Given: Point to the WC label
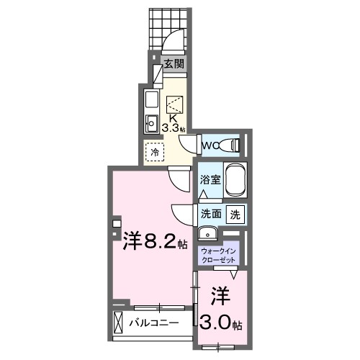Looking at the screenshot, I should pyautogui.click(x=209, y=146).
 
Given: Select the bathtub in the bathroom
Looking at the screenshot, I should pyautogui.click(x=237, y=180).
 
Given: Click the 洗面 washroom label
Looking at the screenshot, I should pyautogui.click(x=210, y=214).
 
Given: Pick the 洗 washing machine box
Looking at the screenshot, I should pyautogui.click(x=235, y=214).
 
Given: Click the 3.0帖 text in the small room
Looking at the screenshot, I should pyautogui.click(x=223, y=323).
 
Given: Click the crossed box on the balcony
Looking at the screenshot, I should pyautogui.click(x=119, y=322).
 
